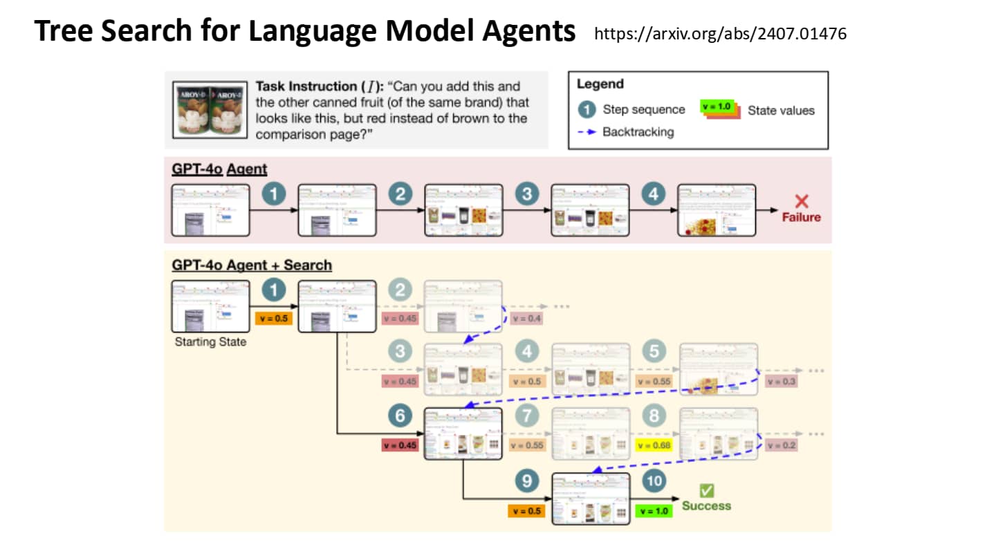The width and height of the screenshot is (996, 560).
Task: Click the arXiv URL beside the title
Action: point(720,33)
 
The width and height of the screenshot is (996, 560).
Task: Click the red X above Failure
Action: point(802,201)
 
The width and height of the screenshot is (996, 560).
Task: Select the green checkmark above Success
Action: point(706,490)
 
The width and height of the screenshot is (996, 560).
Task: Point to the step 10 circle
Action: point(654,482)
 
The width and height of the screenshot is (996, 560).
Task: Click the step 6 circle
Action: point(401,416)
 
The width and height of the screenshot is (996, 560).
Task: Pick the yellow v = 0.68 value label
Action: point(654,445)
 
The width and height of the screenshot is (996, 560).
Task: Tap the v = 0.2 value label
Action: point(780,445)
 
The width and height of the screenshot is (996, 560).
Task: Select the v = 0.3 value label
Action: point(780,381)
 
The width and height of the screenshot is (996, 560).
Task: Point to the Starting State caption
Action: point(210,342)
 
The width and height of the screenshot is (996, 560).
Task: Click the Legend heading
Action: point(600,84)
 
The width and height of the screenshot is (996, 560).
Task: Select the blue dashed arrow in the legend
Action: point(587,131)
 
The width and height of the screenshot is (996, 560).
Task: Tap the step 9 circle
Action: point(527,482)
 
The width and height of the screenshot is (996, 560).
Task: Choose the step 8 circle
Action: point(654,416)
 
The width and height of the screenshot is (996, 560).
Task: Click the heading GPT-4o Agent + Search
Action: point(252,265)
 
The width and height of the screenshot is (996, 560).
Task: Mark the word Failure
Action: point(802,217)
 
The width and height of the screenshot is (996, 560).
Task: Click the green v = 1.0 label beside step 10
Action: point(654,511)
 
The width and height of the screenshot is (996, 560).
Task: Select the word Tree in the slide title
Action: point(63,32)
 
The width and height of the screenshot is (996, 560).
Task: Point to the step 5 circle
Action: point(654,352)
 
